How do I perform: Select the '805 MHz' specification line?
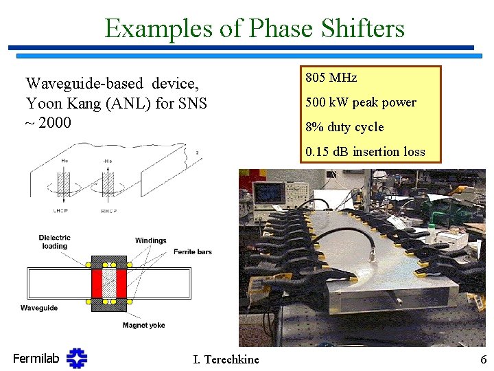331,78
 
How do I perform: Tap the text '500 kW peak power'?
361,102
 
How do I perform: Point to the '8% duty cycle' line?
345,127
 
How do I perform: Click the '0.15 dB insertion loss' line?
366,152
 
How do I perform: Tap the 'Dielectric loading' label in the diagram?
54,242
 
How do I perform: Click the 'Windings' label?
150,240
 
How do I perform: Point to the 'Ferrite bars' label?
192,251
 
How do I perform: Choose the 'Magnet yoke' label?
143,325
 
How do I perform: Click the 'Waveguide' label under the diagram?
39,308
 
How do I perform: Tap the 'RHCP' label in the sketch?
108,191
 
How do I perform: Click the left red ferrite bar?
97,282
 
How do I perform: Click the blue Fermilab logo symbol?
77,358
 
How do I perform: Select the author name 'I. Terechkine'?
227,359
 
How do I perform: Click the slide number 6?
483,359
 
